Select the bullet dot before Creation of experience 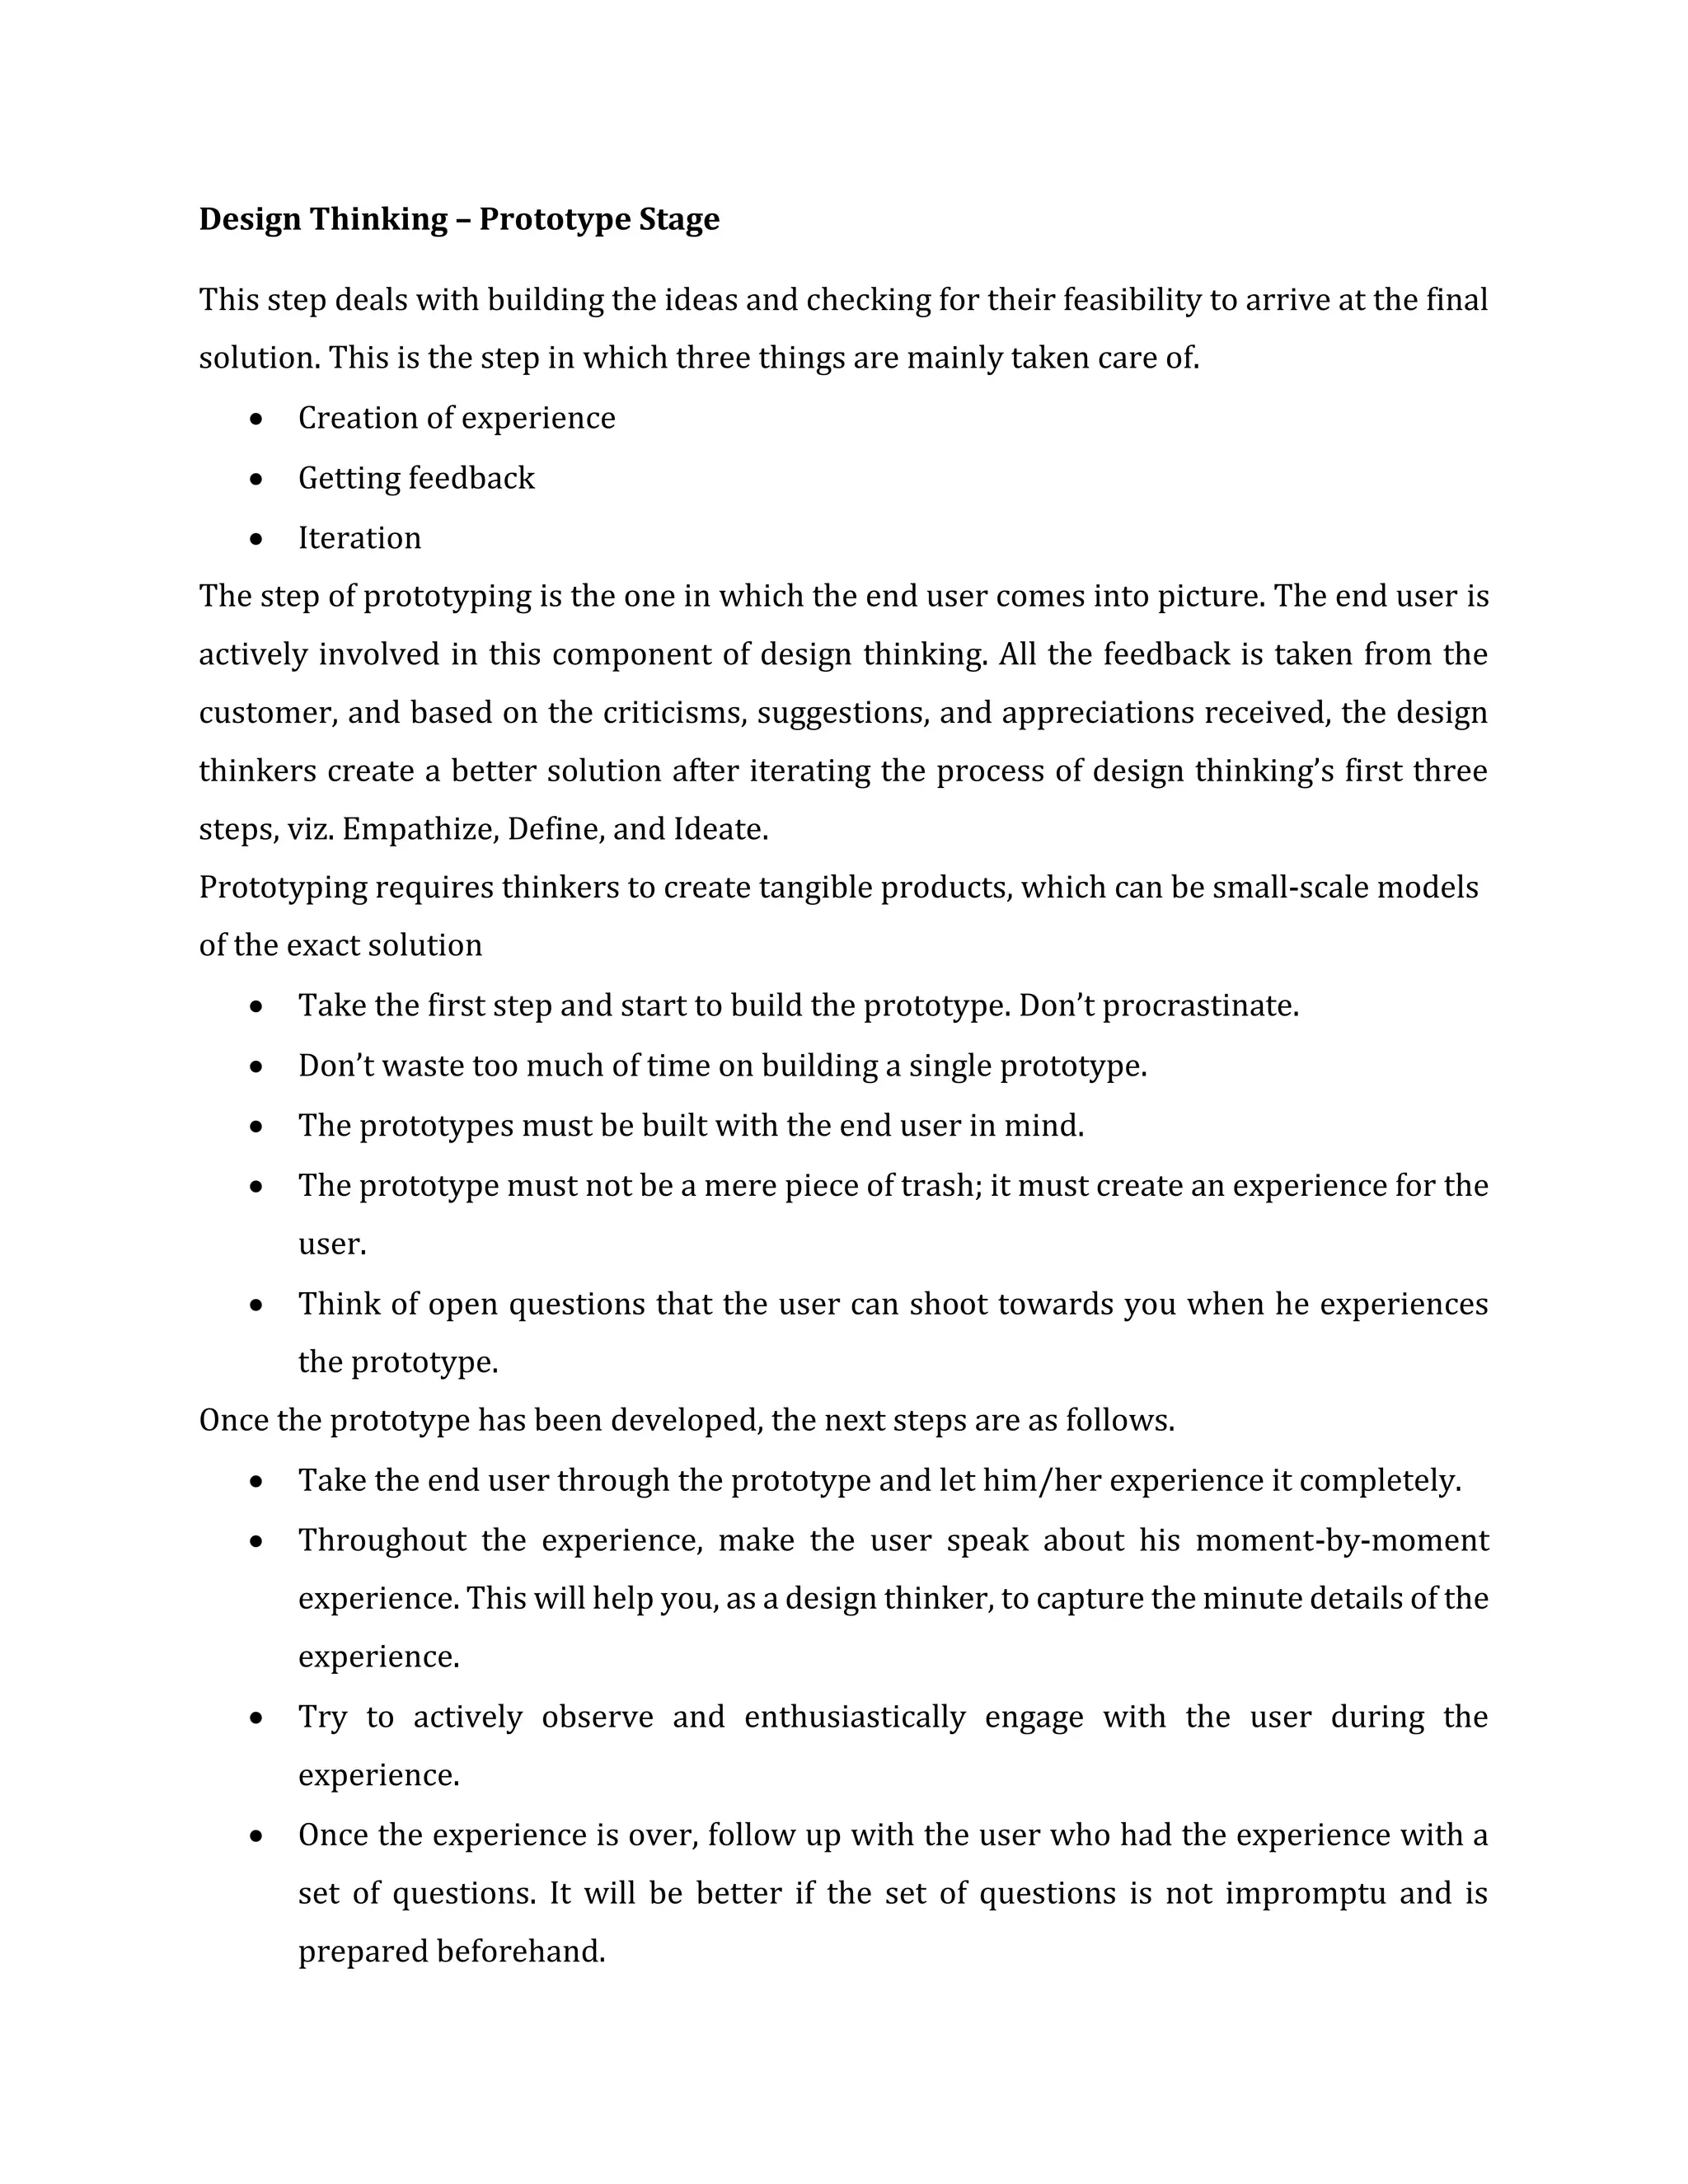click(257, 419)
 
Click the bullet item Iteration click(359, 538)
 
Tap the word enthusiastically click(855, 1717)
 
